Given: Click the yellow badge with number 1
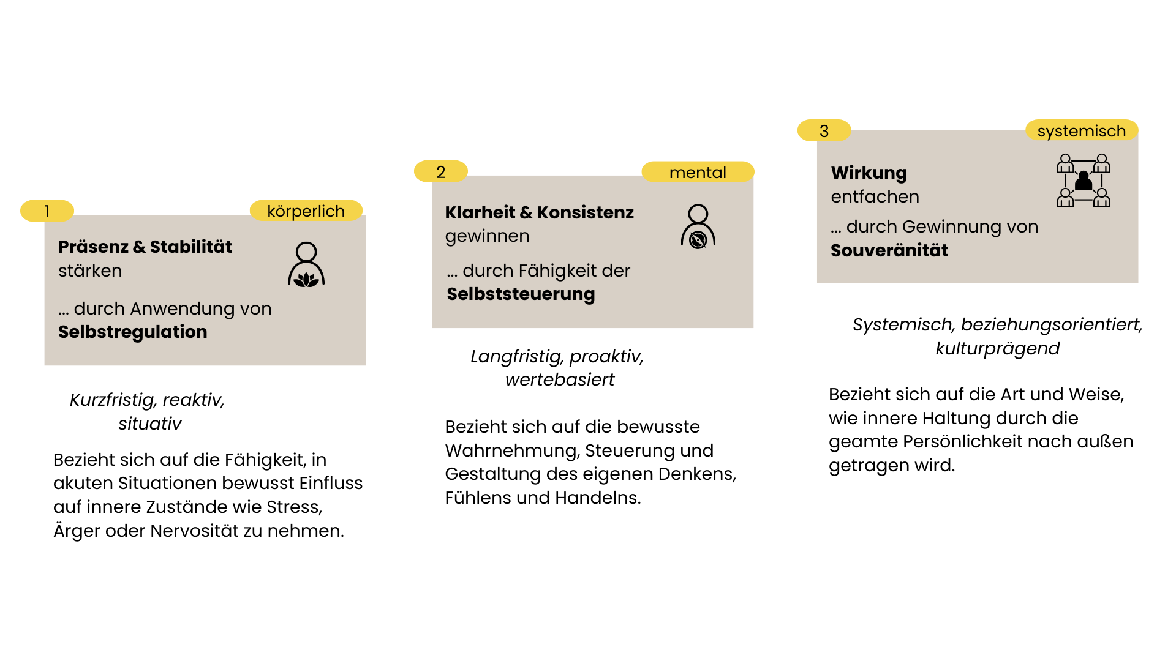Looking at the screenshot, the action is (x=47, y=211).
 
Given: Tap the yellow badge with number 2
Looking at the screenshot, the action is (x=440, y=172).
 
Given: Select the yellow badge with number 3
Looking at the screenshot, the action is (x=824, y=131).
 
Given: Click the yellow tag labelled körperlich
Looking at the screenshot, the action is (x=306, y=211).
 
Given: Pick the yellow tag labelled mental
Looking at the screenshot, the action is (x=698, y=173).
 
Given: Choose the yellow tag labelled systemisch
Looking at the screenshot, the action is (x=1081, y=131).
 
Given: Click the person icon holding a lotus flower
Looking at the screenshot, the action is (x=306, y=264).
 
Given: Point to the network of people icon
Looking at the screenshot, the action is (x=1084, y=181).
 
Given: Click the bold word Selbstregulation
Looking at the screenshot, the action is (x=133, y=332).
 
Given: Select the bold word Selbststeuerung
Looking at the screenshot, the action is (x=521, y=294).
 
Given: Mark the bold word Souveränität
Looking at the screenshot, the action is (x=889, y=250).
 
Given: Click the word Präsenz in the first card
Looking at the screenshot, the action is (x=93, y=247).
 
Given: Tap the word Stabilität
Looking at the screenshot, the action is (x=190, y=247).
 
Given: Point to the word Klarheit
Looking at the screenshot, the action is (x=480, y=212).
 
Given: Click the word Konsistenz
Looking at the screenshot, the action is (x=585, y=212).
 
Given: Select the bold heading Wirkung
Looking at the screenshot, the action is (x=869, y=173).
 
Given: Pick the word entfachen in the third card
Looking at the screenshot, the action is (x=875, y=196).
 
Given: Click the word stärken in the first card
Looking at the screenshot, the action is (x=90, y=271).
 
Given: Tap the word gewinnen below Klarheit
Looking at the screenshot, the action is (x=487, y=236).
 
